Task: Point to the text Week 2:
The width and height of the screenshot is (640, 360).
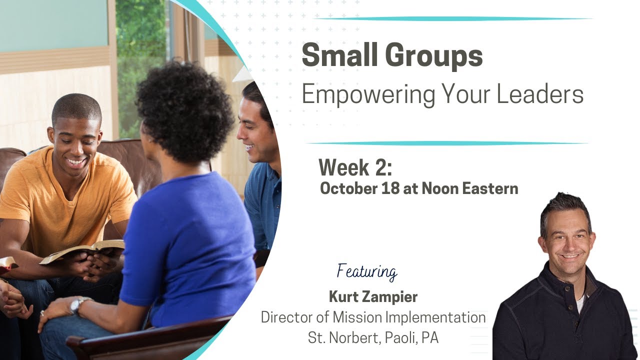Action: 355,167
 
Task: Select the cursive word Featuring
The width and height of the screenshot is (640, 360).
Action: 367,271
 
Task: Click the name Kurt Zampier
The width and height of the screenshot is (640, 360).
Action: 373,297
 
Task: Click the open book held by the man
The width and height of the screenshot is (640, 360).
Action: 82,250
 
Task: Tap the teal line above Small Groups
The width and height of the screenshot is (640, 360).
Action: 452,19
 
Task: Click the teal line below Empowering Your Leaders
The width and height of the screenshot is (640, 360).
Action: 447,143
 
